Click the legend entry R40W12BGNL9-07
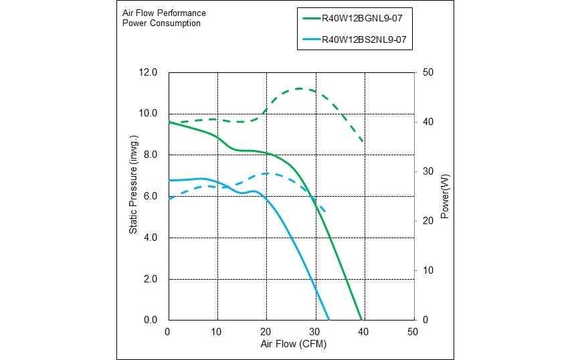click(364, 19)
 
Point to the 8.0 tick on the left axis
click(151, 155)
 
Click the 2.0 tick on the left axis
click(151, 279)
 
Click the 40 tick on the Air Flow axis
click(363, 331)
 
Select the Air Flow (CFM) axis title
click(293, 344)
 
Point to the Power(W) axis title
click(445, 195)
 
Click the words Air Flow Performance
click(164, 13)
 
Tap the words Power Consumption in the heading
click(161, 23)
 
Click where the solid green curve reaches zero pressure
click(361, 320)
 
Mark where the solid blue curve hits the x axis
click(329, 320)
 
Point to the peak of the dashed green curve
click(299, 88)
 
